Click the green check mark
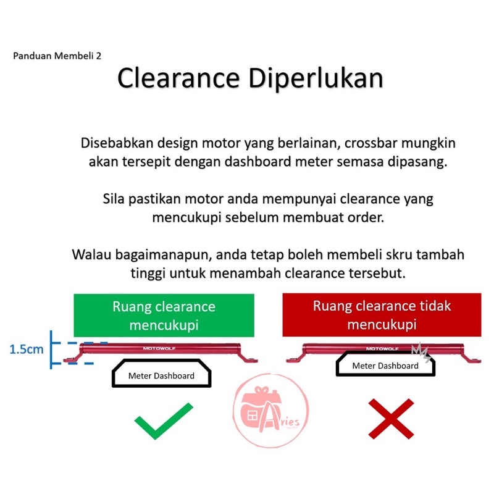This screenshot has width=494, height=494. (x=164, y=420)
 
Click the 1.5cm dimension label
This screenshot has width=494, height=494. (x=27, y=350)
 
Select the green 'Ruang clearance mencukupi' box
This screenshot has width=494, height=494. (x=164, y=315)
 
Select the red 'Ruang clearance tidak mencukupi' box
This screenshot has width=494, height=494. (x=382, y=314)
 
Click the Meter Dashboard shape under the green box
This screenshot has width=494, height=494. (x=161, y=375)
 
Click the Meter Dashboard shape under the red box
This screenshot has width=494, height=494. (x=385, y=366)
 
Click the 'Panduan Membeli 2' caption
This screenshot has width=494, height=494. (x=57, y=55)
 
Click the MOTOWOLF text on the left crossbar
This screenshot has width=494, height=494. (x=158, y=348)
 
